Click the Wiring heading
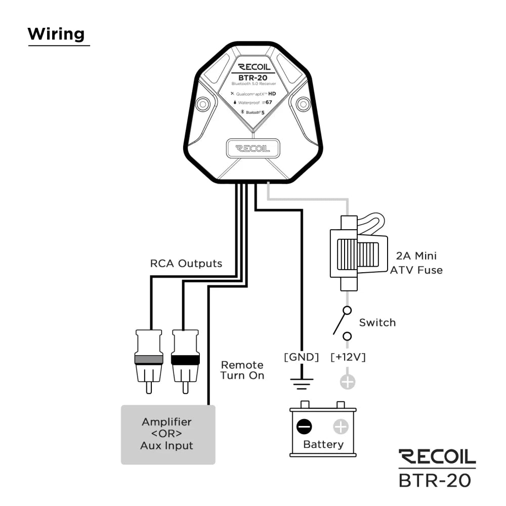[56, 34]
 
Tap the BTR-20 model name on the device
[253, 76]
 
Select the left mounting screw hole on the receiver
[203, 104]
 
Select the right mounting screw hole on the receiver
[303, 104]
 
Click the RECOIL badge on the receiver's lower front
[253, 149]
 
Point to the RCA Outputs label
[186, 264]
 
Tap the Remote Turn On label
[242, 370]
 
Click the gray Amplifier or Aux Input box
[167, 434]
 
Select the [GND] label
[302, 357]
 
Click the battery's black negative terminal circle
[304, 428]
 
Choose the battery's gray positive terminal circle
[341, 428]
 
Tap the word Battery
[323, 445]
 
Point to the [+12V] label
[348, 357]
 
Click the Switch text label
[377, 323]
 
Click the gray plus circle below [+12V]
[348, 382]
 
